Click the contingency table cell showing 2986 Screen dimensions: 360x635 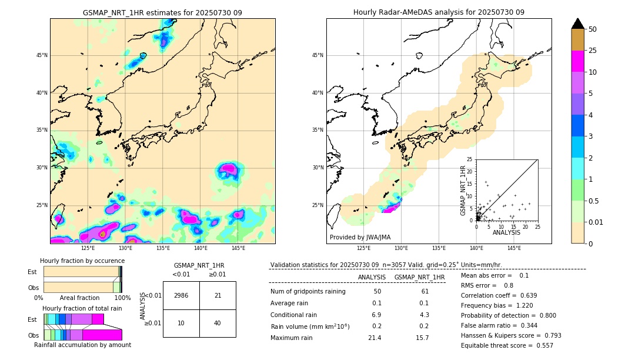click(181, 295)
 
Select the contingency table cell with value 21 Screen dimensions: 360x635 click(218, 295)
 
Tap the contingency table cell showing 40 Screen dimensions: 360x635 click(218, 323)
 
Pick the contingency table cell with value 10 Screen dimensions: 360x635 click(181, 323)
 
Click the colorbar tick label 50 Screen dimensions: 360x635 click(593, 29)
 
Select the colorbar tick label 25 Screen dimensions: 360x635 click(593, 51)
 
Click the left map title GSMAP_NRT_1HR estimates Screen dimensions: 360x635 click(162, 12)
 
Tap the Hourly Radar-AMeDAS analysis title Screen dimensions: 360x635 click(439, 12)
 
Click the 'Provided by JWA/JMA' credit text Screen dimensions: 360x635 click(360, 237)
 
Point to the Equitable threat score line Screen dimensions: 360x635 click(507, 345)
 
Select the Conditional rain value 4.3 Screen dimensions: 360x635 click(424, 315)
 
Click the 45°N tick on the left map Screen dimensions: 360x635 click(42, 55)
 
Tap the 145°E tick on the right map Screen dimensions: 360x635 click(514, 248)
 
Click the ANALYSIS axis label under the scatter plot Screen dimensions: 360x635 click(506, 233)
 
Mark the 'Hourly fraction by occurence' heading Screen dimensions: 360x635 click(82, 261)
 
